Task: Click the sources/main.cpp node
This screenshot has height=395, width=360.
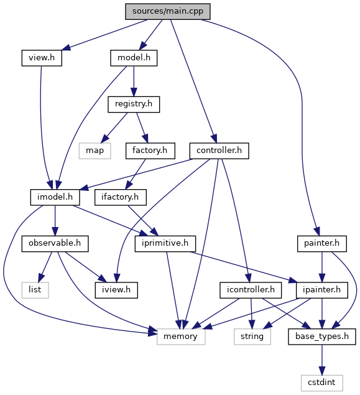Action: pos(168,11)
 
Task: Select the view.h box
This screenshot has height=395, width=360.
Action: pos(42,58)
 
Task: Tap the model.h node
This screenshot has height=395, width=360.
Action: pos(134,58)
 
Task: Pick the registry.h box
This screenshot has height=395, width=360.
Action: pos(134,105)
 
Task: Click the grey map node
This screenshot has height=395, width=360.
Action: pos(95,151)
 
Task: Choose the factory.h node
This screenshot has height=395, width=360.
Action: pos(150,151)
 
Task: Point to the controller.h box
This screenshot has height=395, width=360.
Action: pos(219,151)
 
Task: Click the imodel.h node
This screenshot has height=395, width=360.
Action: pos(55,197)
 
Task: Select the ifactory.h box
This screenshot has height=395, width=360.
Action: pos(121,197)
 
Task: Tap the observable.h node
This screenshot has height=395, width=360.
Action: pos(55,244)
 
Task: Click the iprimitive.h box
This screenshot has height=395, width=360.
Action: pos(165,244)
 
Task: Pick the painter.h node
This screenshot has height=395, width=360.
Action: pos(321,244)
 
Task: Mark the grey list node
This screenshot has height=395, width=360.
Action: pos(35,290)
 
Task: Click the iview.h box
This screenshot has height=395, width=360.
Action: pos(116,290)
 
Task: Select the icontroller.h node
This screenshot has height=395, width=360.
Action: pos(251,290)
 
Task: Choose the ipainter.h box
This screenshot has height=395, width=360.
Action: pos(321,290)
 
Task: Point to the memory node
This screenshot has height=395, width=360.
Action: pos(181,337)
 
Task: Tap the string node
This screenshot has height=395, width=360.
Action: pos(252,337)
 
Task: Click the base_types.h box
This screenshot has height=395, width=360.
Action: pos(321,337)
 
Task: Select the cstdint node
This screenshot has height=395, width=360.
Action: pos(321,383)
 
